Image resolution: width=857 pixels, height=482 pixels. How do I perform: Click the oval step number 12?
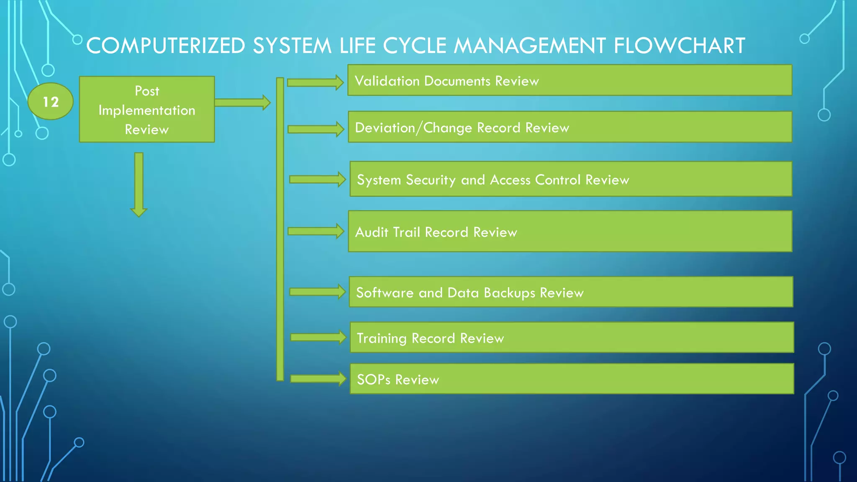pyautogui.click(x=51, y=102)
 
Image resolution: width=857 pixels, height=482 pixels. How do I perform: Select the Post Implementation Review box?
pyautogui.click(x=147, y=110)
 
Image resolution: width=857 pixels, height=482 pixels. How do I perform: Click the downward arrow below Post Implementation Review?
pyautogui.click(x=139, y=184)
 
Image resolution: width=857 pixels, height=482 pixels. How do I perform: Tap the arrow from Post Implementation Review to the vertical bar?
pyautogui.click(x=242, y=103)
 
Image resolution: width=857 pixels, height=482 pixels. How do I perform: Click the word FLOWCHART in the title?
pyautogui.click(x=679, y=46)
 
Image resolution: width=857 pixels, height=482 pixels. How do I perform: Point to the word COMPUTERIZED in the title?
pyautogui.click(x=166, y=46)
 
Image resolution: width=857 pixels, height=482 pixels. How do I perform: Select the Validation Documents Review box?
pyautogui.click(x=570, y=80)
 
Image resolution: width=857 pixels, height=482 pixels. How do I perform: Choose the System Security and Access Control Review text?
pyautogui.click(x=493, y=180)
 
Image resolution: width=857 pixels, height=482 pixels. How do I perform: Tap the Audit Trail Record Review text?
pyautogui.click(x=436, y=232)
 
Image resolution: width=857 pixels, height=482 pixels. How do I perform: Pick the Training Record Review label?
pyautogui.click(x=430, y=338)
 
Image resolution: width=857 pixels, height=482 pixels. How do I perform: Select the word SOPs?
pyautogui.click(x=373, y=379)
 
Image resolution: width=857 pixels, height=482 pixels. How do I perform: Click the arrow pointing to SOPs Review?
pyautogui.click(x=318, y=379)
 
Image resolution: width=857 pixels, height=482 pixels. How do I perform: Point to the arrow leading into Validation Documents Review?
pyautogui.click(x=315, y=82)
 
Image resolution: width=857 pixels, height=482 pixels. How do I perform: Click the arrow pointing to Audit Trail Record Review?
pyautogui.click(x=316, y=231)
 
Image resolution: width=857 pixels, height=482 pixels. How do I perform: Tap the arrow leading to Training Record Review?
pyautogui.click(x=318, y=337)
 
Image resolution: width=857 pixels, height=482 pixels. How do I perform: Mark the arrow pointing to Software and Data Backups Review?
pyautogui.click(x=317, y=292)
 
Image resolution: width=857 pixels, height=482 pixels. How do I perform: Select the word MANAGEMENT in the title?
pyautogui.click(x=529, y=46)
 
